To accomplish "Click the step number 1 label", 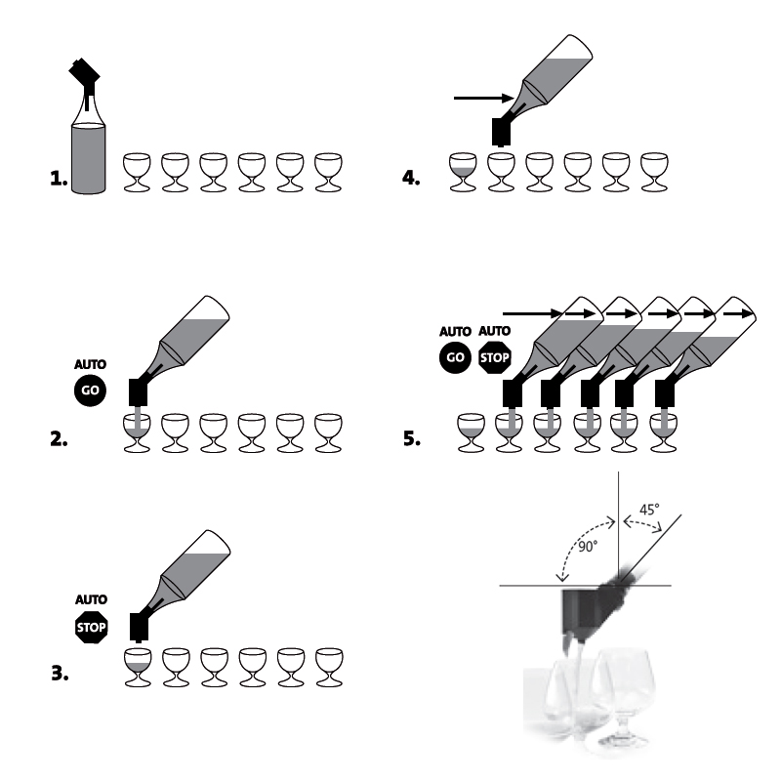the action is [59, 179].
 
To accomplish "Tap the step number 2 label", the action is [59, 438].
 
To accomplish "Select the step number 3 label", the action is [60, 673].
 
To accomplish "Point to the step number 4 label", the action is [411, 178].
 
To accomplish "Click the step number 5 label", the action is [412, 438].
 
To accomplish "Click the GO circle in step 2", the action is [90, 390].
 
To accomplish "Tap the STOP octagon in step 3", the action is [91, 627].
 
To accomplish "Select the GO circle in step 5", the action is [455, 357].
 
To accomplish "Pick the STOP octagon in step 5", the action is [495, 357].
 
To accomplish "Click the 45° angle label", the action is [649, 510].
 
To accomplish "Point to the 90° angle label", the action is [588, 547].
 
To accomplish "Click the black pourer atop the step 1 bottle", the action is [85, 82].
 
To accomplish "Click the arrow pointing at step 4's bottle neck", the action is [483, 99].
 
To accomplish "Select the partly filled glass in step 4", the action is [463, 172].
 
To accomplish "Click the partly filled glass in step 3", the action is [138, 668].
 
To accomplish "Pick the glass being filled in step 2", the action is [137, 432].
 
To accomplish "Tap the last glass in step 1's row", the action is [328, 173].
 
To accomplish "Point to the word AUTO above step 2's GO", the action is [90, 364].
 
